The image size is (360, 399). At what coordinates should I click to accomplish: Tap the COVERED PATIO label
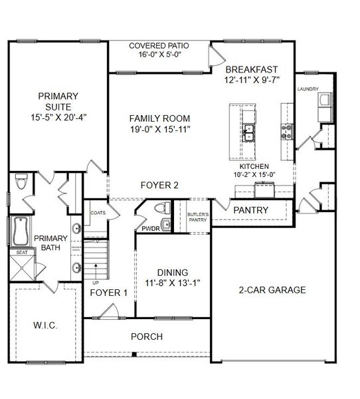click(x=159, y=45)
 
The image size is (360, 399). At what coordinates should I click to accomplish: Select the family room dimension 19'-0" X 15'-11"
click(x=159, y=130)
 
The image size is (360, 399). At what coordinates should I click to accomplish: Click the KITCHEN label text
click(x=254, y=166)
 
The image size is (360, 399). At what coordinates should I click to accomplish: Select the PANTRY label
click(x=251, y=210)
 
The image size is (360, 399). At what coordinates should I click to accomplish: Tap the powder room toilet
click(x=160, y=208)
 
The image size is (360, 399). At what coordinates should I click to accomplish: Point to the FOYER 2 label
click(x=159, y=186)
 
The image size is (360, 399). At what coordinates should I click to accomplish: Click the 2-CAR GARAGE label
click(x=272, y=290)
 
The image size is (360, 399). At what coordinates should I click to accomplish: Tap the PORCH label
click(x=146, y=336)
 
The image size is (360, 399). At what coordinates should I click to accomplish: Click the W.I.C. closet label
click(x=45, y=326)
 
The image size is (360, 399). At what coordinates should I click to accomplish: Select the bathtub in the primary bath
click(x=19, y=232)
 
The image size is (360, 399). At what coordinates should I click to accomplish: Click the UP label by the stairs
click(x=95, y=282)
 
